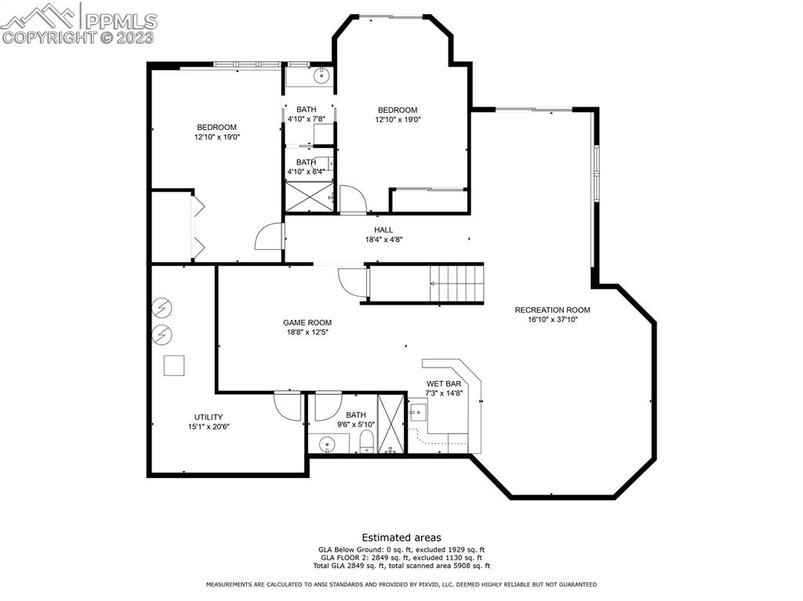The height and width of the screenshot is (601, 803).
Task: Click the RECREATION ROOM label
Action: point(552,310)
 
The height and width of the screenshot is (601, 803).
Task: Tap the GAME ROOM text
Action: point(307,322)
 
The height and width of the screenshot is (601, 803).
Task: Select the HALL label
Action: point(383,230)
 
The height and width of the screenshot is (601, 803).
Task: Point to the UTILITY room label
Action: point(209,417)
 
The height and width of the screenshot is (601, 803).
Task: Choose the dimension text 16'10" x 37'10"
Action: point(552,320)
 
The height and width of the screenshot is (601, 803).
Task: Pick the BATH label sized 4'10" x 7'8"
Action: point(306,109)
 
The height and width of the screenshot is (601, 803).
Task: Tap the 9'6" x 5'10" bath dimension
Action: point(356,425)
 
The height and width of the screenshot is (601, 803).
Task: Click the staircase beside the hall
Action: point(457,283)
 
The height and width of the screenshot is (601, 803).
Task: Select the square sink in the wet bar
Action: point(417,411)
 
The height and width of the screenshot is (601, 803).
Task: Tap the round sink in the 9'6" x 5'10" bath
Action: point(325,444)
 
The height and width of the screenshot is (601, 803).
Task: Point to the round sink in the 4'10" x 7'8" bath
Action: point(322,77)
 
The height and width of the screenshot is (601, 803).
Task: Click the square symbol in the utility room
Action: point(173,365)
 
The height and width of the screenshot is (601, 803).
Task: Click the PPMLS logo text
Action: point(120,19)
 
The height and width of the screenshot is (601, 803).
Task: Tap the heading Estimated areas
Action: point(401,538)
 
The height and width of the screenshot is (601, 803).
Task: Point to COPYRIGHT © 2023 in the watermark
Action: point(78,37)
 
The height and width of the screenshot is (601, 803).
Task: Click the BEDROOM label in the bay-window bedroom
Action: point(398,110)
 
